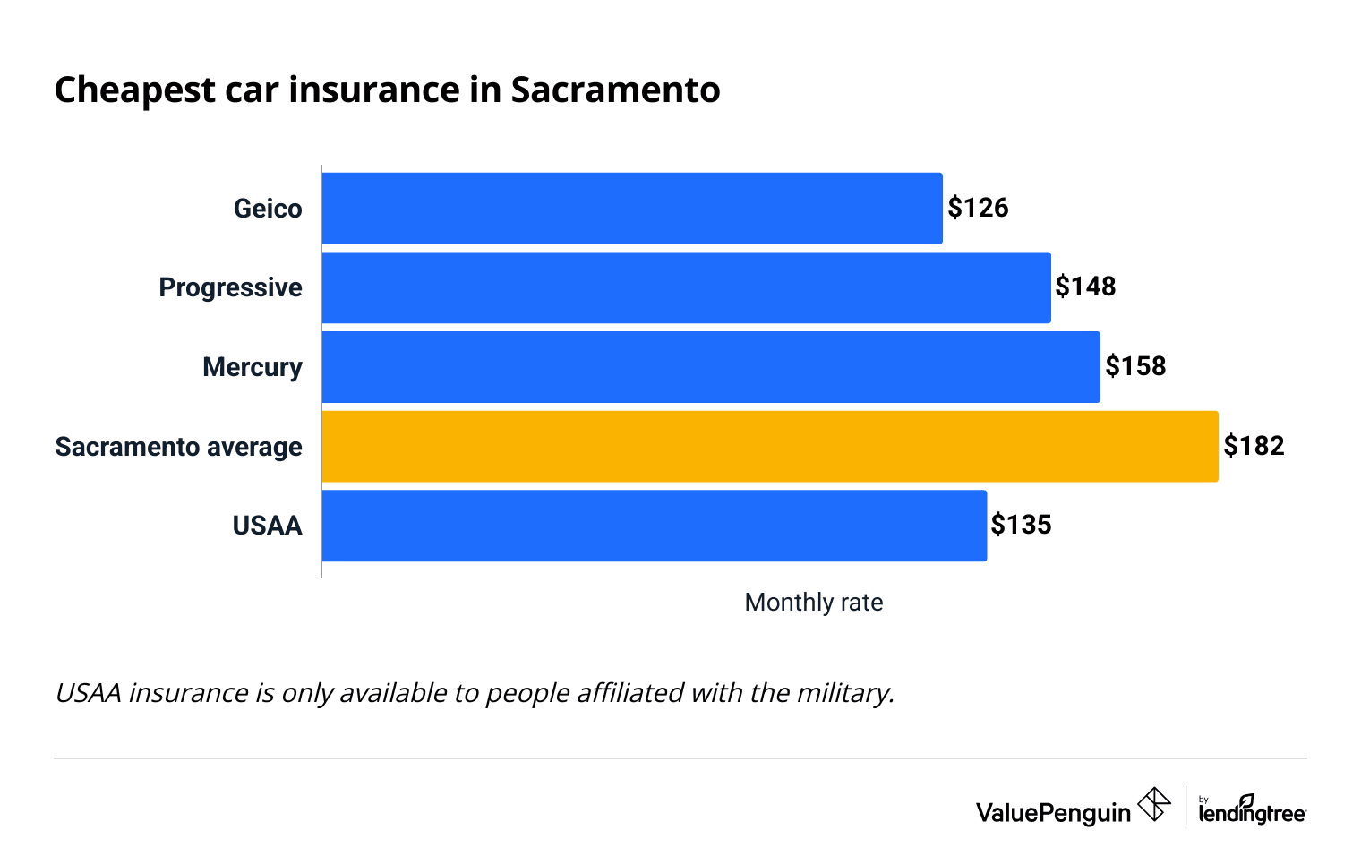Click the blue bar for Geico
tap(631, 209)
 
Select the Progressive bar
tap(686, 287)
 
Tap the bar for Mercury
tap(710, 367)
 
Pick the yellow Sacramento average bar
tap(769, 446)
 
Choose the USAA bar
tap(654, 526)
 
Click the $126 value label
tap(978, 208)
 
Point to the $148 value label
tap(1085, 287)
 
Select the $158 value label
tap(1135, 366)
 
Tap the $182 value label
tap(1254, 446)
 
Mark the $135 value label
tap(1021, 525)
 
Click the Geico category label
tap(268, 209)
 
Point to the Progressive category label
tap(230, 287)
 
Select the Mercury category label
tap(252, 367)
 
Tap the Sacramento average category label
tap(178, 447)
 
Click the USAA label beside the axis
tap(267, 526)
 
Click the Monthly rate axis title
tap(813, 603)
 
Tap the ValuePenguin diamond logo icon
tap(1153, 804)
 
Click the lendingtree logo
tap(1252, 809)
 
